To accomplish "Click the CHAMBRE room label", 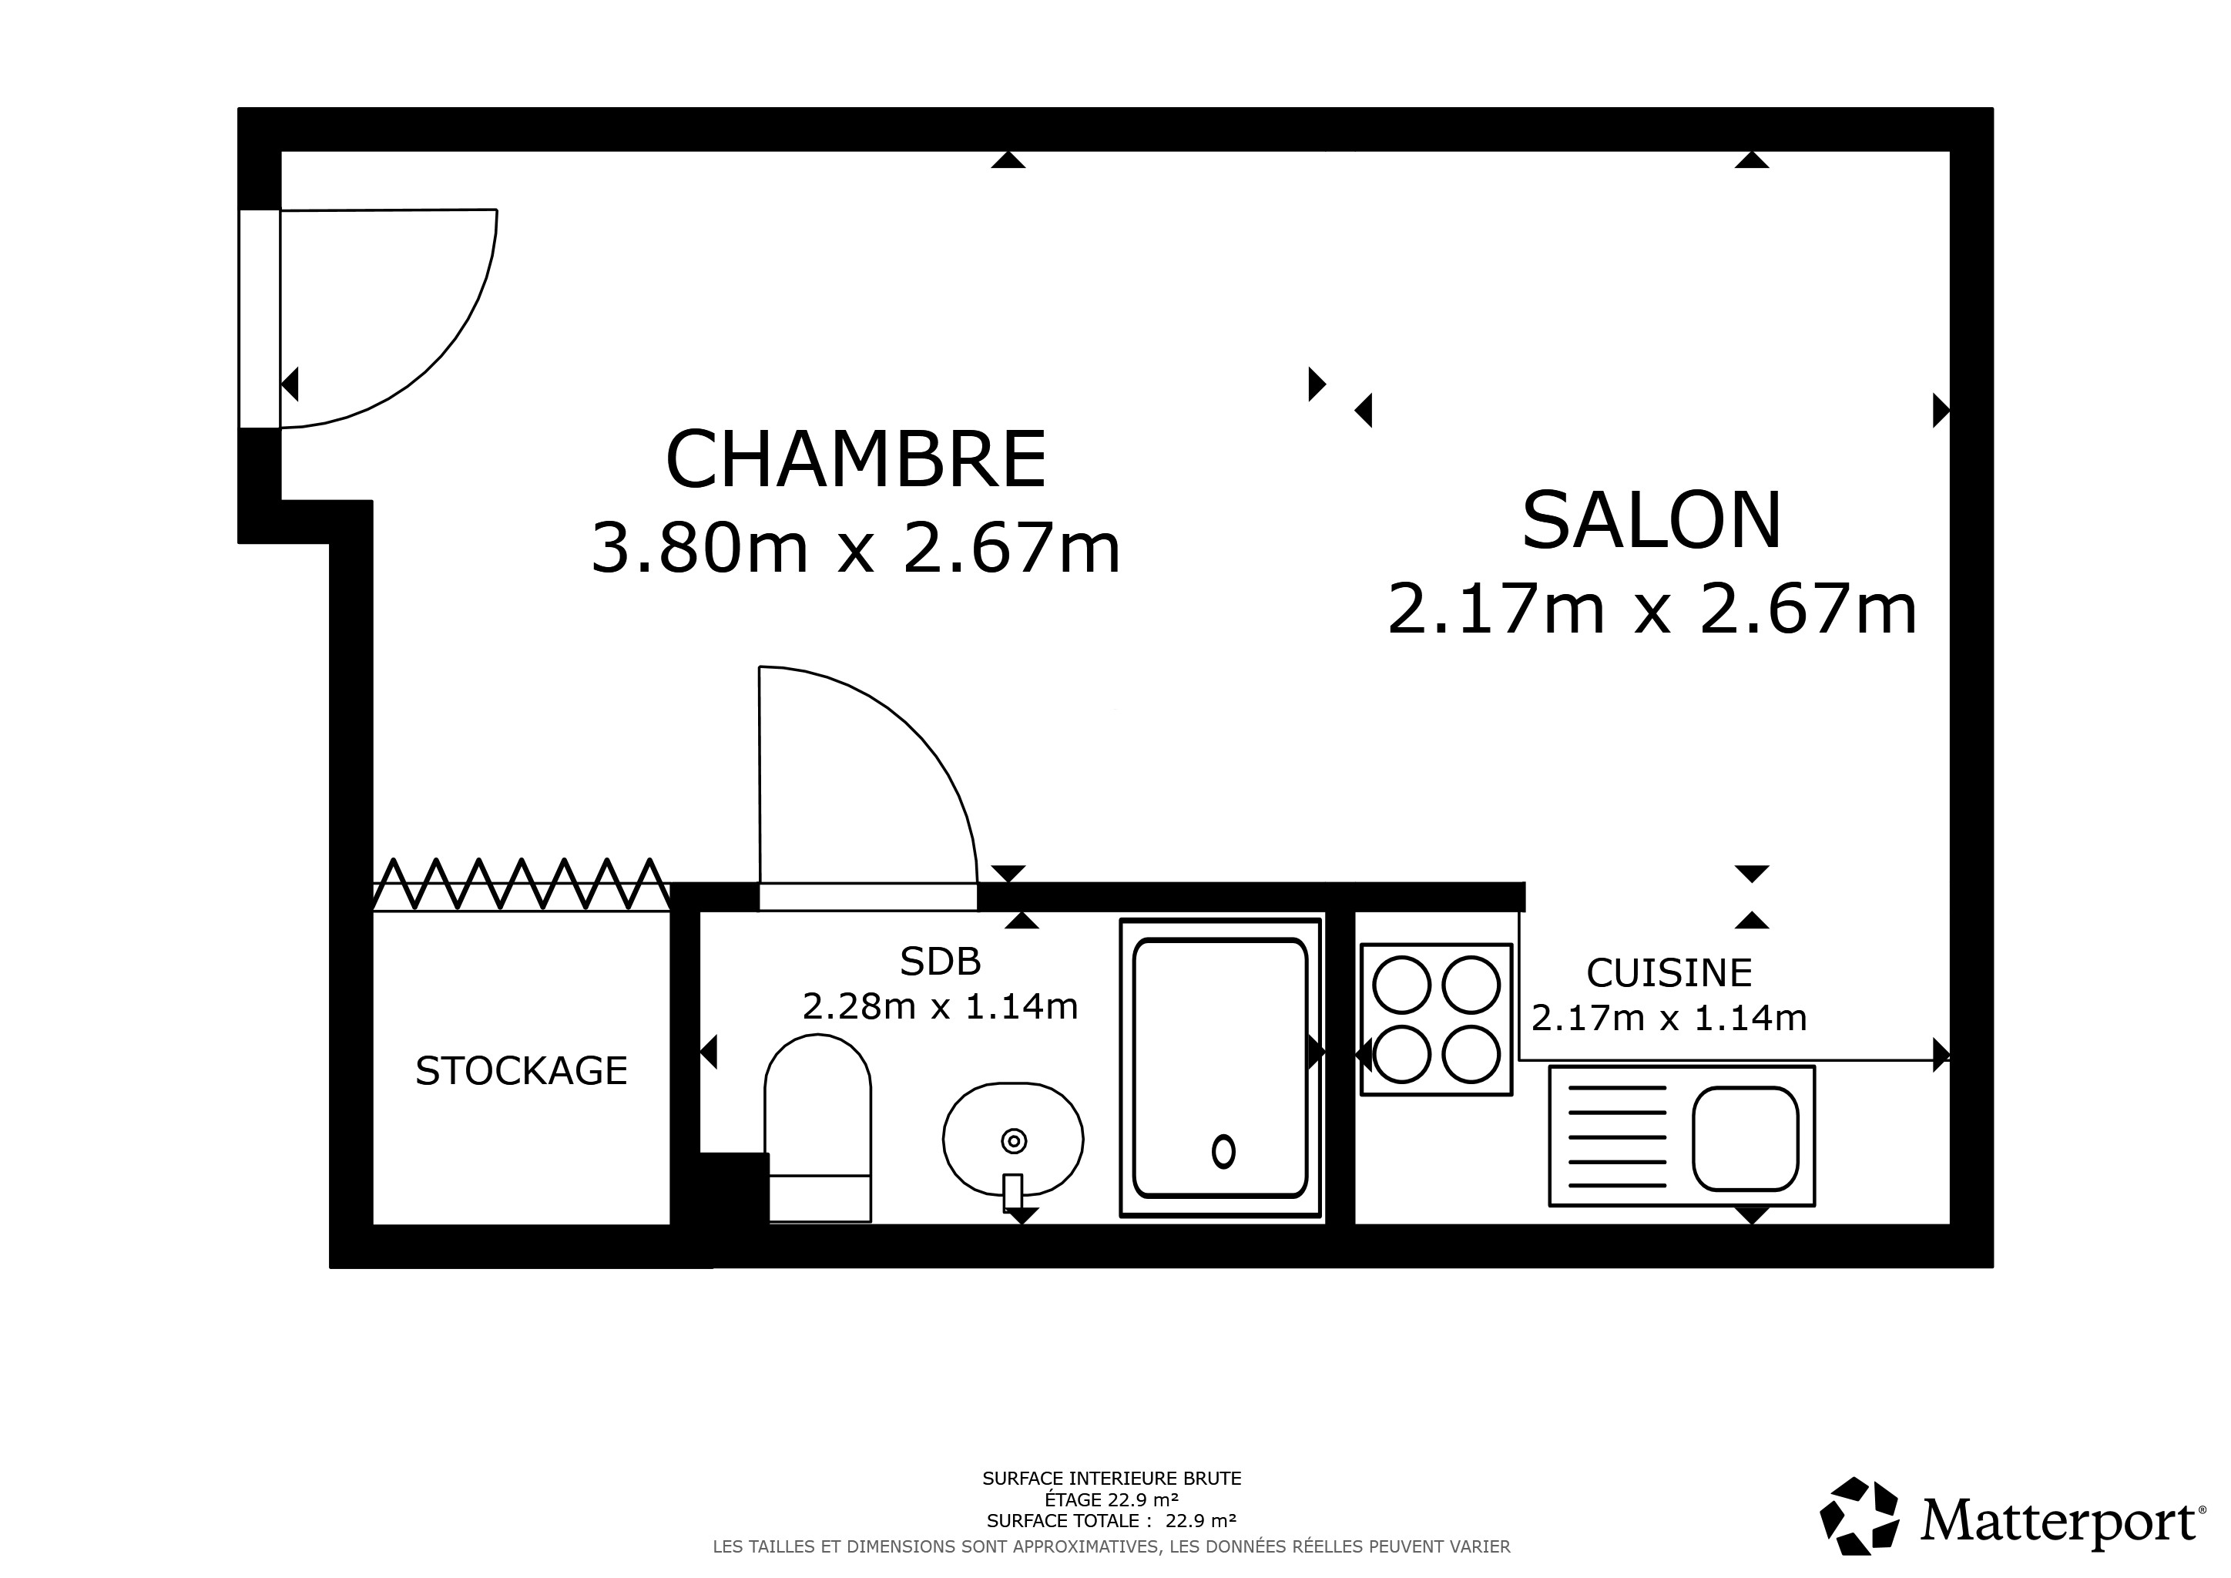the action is [856, 459].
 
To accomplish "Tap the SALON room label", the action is [1652, 521].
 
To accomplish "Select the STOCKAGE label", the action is [521, 1071].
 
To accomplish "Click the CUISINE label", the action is [1669, 972].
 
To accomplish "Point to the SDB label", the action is [941, 961].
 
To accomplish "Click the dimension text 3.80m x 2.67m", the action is [856, 548].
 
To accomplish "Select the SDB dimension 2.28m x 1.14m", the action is [941, 1006].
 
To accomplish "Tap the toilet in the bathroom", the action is [818, 1128].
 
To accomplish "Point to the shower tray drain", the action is [1223, 1151].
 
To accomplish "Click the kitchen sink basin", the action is [1745, 1139].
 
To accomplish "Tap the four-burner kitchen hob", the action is [1436, 1019].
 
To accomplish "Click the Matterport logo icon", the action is [1859, 1516].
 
